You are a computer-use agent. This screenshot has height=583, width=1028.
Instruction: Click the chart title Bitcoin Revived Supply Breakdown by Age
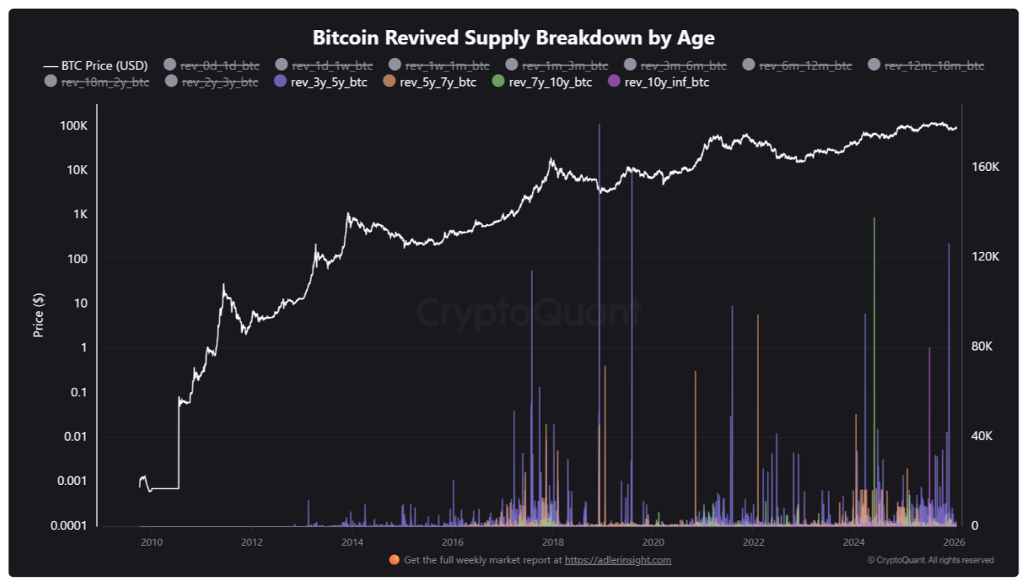514,37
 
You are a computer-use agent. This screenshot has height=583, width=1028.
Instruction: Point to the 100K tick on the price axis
73,126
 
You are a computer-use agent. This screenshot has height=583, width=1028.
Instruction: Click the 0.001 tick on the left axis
70,481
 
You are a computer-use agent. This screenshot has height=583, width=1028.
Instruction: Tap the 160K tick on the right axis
984,167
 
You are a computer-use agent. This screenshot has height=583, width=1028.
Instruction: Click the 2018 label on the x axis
552,542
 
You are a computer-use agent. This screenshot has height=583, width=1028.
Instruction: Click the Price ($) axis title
39,315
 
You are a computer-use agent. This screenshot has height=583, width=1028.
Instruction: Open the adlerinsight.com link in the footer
618,560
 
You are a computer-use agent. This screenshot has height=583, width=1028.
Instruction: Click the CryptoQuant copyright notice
930,560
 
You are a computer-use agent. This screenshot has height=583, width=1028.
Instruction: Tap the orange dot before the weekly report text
394,560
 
